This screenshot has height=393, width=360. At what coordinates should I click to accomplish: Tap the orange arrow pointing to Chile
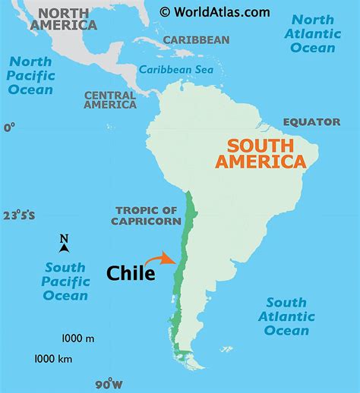(x=159, y=259)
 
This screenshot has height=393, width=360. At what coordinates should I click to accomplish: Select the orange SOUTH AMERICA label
(x=261, y=153)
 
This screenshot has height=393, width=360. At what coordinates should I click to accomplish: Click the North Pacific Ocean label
(x=31, y=75)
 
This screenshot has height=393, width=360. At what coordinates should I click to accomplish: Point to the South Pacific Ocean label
(x=65, y=281)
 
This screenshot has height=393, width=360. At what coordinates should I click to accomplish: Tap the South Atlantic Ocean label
(x=286, y=316)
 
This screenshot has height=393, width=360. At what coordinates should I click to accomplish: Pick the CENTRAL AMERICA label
(x=110, y=100)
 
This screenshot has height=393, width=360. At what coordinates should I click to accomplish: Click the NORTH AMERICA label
(x=64, y=19)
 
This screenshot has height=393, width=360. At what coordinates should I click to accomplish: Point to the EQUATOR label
(x=311, y=121)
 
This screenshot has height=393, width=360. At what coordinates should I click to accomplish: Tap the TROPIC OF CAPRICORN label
(x=148, y=215)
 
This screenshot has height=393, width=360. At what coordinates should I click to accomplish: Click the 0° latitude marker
(x=9, y=127)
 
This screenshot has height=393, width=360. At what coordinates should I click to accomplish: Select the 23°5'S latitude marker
(x=18, y=215)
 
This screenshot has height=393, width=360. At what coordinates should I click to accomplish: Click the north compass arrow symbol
(x=65, y=244)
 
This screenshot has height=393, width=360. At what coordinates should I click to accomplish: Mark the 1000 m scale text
(x=78, y=338)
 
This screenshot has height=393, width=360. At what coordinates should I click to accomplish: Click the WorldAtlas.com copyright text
(x=215, y=11)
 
